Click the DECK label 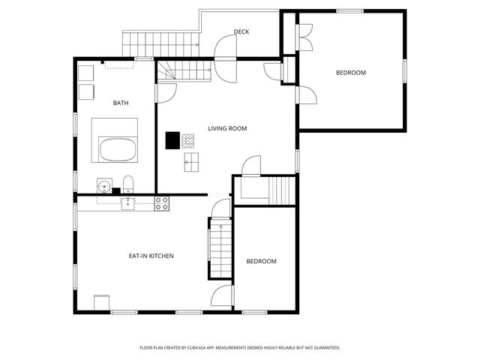pyautogui.click(x=241, y=31)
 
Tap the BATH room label pyautogui.click(x=121, y=103)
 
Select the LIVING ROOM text pyautogui.click(x=227, y=128)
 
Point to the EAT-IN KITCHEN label pyautogui.click(x=151, y=256)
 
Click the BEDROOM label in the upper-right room pyautogui.click(x=350, y=73)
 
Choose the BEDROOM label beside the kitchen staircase pyautogui.click(x=262, y=261)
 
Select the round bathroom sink pyautogui.click(x=103, y=184)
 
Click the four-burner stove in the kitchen pyautogui.click(x=162, y=202)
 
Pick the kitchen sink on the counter pyautogui.click(x=128, y=202)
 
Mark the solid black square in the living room pyautogui.click(x=172, y=139)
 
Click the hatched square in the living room pyautogui.click(x=187, y=139)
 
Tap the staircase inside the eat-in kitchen pyautogui.click(x=220, y=250)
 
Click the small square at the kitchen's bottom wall pyautogui.click(x=101, y=301)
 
